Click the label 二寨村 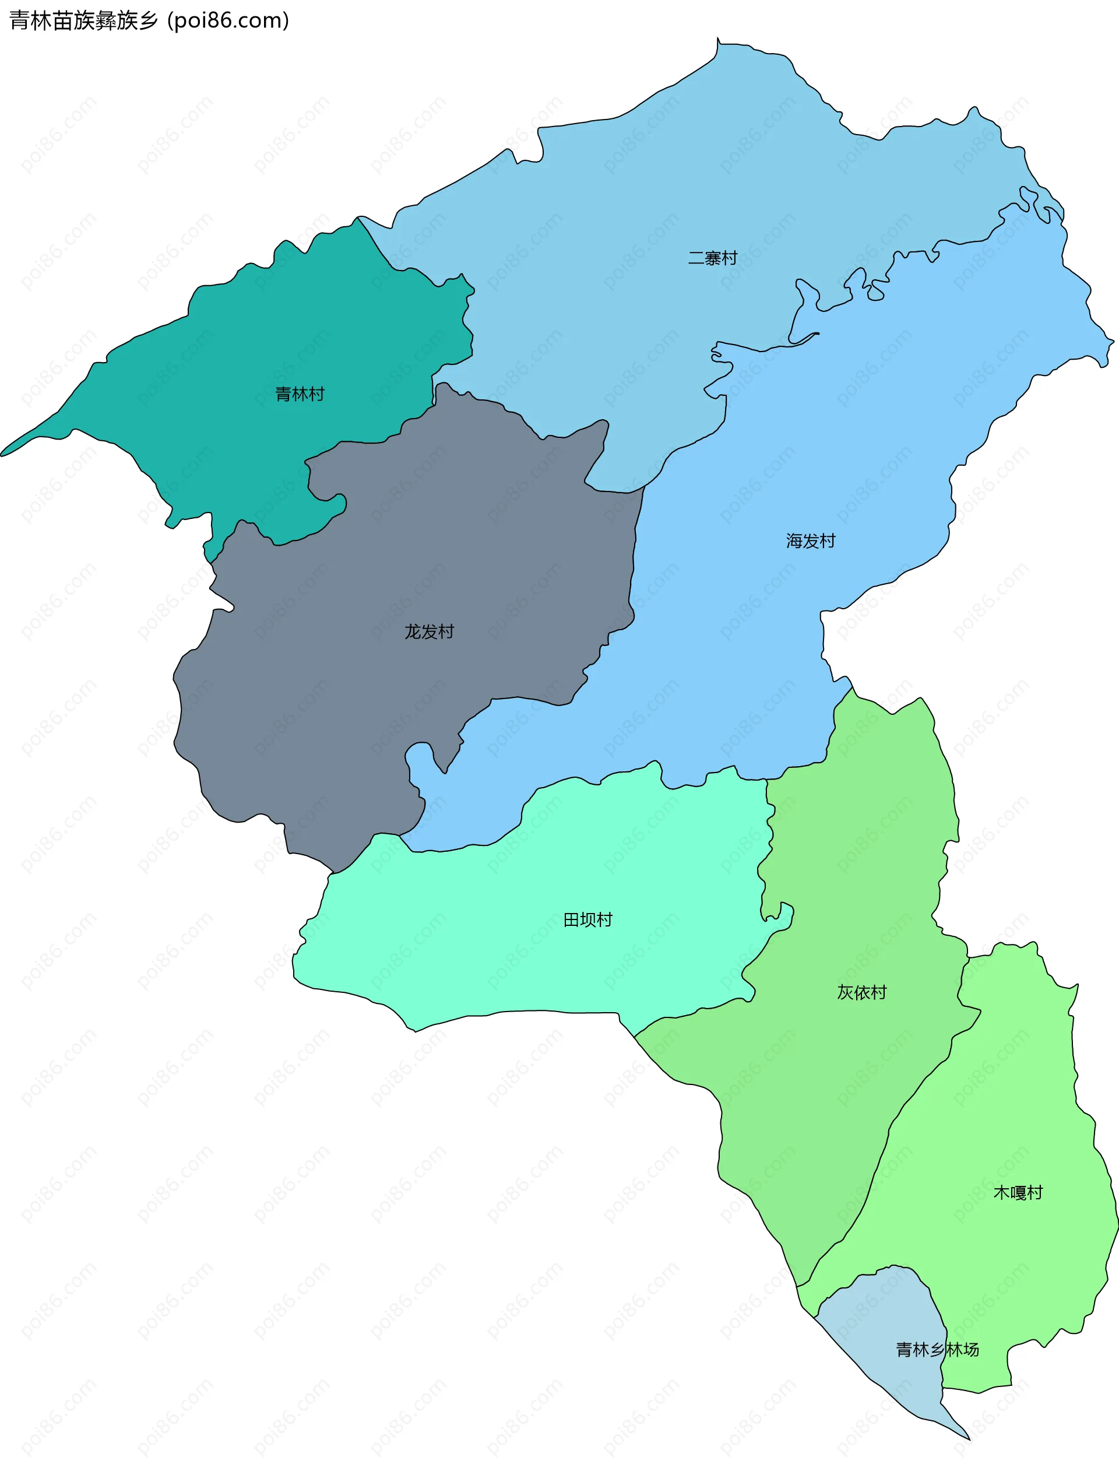click(712, 258)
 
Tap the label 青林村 click(300, 394)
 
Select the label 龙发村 click(429, 631)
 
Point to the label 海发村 click(810, 540)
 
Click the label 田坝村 click(588, 920)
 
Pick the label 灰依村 click(862, 992)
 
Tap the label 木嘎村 click(1018, 1193)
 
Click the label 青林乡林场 click(937, 1350)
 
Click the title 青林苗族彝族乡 click(83, 21)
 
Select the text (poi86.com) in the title click(228, 21)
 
